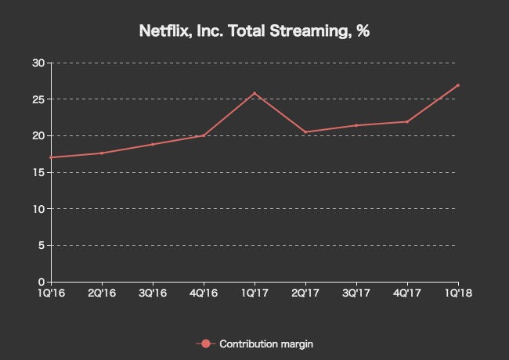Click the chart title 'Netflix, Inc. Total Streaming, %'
pyautogui.click(x=254, y=31)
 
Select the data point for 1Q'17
pyautogui.click(x=254, y=93)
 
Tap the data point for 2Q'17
pyautogui.click(x=305, y=132)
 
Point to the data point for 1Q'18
pyautogui.click(x=458, y=85)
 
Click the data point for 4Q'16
pyautogui.click(x=204, y=135)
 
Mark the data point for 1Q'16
pyautogui.click(x=51, y=157)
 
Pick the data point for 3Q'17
pyautogui.click(x=356, y=125)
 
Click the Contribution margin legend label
pyautogui.click(x=266, y=344)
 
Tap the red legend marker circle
pyautogui.click(x=205, y=344)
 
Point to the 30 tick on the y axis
pyautogui.click(x=38, y=63)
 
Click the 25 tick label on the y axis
pyautogui.click(x=38, y=99)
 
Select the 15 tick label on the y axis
pyautogui.click(x=38, y=172)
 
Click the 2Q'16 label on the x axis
pyautogui.click(x=102, y=293)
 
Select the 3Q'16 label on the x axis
pyautogui.click(x=153, y=293)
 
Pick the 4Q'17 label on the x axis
pyautogui.click(x=407, y=293)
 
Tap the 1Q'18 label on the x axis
pyautogui.click(x=458, y=293)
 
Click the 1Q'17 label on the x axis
pyautogui.click(x=254, y=293)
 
